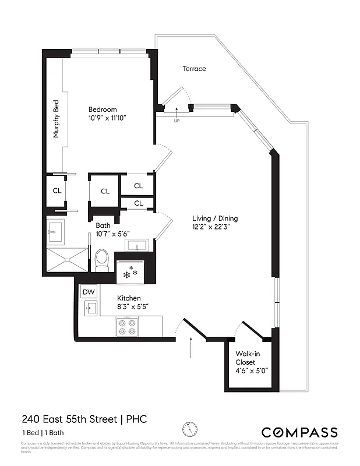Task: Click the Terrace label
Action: tap(194, 69)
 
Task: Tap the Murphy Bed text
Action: tap(57, 119)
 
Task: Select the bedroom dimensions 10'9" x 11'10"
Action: tap(107, 118)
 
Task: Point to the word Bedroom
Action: tap(103, 110)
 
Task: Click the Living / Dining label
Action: tap(215, 218)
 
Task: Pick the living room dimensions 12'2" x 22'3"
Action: tap(215, 227)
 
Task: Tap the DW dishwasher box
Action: tap(89, 292)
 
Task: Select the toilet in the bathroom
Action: tap(103, 260)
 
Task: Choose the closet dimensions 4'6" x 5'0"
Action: tap(251, 370)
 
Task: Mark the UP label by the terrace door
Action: tap(177, 121)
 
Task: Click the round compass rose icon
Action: tap(189, 429)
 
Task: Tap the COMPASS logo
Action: tap(299, 432)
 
